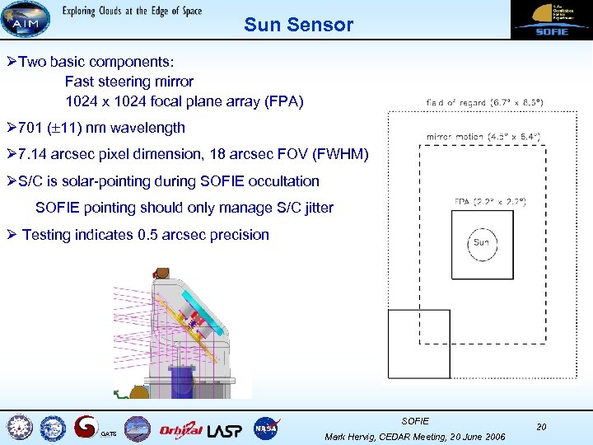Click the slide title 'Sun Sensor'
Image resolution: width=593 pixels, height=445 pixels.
pos(298,25)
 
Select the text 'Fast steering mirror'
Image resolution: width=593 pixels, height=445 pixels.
pos(129,82)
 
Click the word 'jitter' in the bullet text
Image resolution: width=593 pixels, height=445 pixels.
pos(313,208)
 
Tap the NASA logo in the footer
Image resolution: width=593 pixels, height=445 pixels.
pos(266,428)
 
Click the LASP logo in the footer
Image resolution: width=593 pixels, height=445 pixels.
pos(225,429)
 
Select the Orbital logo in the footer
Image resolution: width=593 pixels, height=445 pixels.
pos(180,429)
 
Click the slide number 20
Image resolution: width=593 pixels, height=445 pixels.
pos(541,426)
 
